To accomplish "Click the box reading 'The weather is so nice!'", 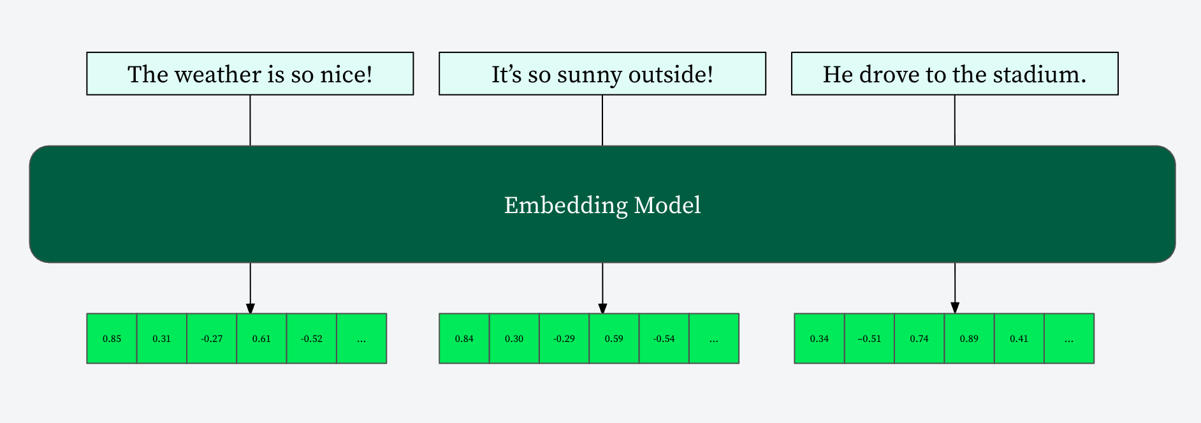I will click(250, 74).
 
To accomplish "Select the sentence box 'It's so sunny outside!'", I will click(602, 74).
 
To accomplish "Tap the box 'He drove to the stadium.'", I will click(954, 74).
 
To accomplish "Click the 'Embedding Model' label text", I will click(602, 205).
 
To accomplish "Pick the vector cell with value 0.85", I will click(112, 339).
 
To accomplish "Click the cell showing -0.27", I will click(212, 339).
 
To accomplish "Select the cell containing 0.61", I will click(261, 339).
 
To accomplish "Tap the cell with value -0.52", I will click(312, 339).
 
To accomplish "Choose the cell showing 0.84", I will click(464, 339).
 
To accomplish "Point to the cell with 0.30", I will click(514, 339).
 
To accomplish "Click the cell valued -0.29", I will click(564, 339).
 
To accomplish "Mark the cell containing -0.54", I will click(664, 339).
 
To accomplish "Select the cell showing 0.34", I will click(819, 339).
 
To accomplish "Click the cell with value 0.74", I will click(919, 339).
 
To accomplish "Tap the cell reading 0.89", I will click(969, 339).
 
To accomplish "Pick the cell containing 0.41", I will click(1019, 339).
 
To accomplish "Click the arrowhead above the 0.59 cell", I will click(602, 308).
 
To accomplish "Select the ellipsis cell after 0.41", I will click(1069, 339).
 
